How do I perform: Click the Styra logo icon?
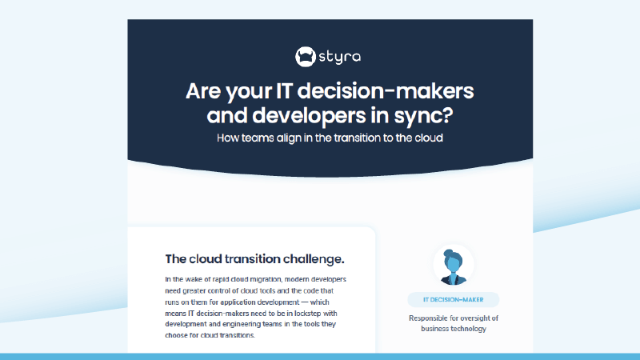click(x=306, y=56)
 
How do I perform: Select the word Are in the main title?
click(x=203, y=90)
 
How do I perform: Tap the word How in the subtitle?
click(x=231, y=138)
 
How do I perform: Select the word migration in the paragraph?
click(x=270, y=279)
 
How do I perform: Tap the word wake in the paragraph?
click(x=197, y=279)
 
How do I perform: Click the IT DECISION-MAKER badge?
click(x=453, y=300)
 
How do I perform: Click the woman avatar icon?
click(x=453, y=266)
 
